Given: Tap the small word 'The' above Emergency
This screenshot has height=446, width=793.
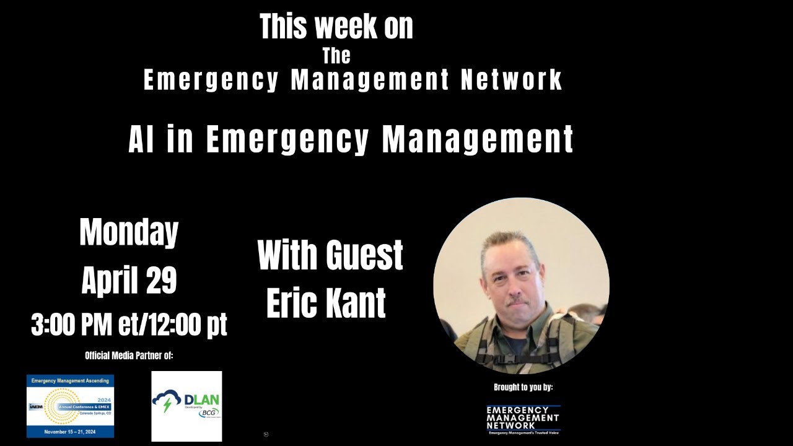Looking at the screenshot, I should click(x=336, y=56).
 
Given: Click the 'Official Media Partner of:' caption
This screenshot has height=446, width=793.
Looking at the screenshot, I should click(x=129, y=356).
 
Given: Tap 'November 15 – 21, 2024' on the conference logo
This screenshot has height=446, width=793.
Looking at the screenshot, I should click(x=70, y=431).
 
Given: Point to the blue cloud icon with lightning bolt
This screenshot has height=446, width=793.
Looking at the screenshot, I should click(x=167, y=401).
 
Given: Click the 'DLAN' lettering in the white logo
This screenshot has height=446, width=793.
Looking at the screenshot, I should click(x=201, y=400).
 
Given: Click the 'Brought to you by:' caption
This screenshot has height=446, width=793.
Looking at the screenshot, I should click(x=523, y=387).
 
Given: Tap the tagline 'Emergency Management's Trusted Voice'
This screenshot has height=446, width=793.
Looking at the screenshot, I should click(x=523, y=432).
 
